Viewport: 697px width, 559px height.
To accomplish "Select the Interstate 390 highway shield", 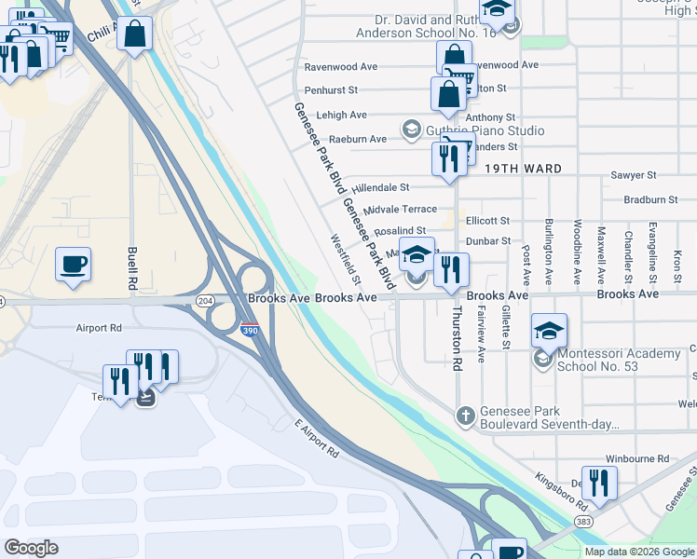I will pyautogui.click(x=249, y=330).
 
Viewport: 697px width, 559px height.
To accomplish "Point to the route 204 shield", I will pyautogui.click(x=206, y=299).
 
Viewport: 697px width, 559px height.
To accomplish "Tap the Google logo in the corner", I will pyautogui.click(x=31, y=548).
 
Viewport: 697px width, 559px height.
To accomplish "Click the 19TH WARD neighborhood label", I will pyautogui.click(x=523, y=169).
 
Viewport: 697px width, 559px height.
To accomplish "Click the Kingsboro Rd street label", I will pyautogui.click(x=562, y=492).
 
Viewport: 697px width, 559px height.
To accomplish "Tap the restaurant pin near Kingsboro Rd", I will pyautogui.click(x=599, y=483).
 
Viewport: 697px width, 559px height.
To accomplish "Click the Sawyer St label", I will pyautogui.click(x=634, y=175).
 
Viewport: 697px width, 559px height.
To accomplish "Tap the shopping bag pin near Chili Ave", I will pyautogui.click(x=135, y=35).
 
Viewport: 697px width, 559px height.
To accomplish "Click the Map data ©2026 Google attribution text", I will pyautogui.click(x=640, y=552).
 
